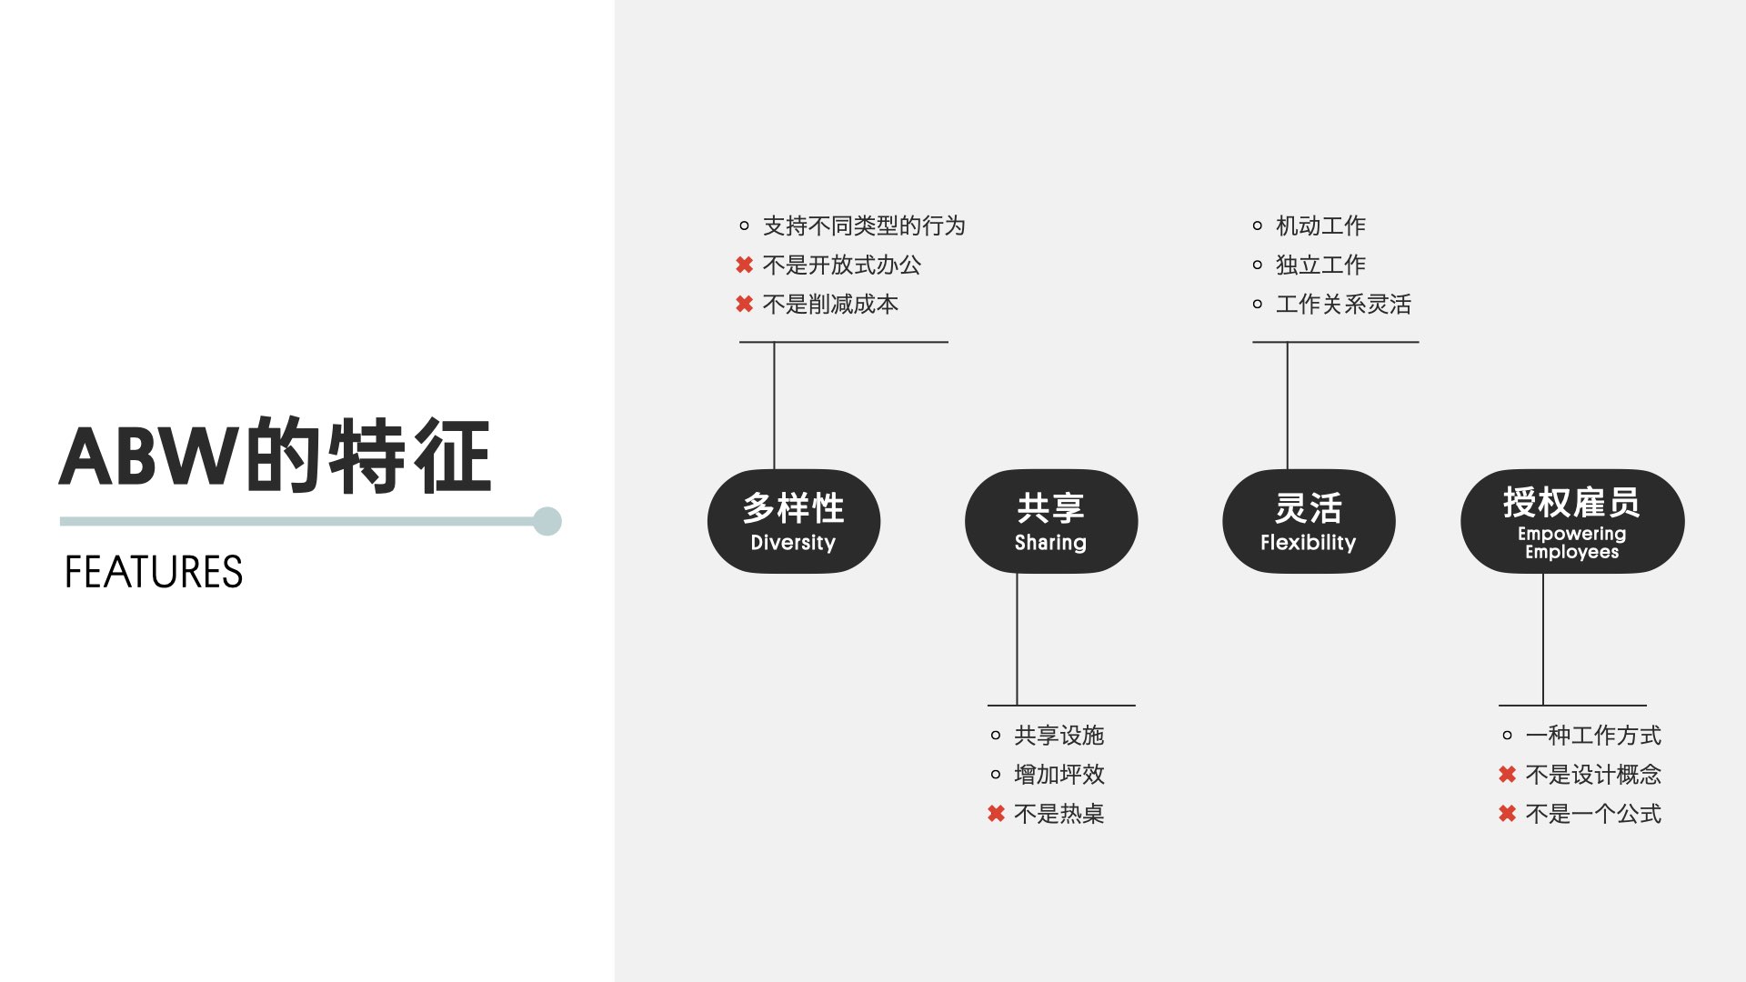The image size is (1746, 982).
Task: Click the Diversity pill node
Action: (x=793, y=521)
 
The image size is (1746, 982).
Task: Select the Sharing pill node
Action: (x=1050, y=521)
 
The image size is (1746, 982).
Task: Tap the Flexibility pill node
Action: (x=1308, y=521)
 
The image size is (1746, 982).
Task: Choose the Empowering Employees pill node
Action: (x=1571, y=521)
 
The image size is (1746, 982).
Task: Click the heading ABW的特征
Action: (x=276, y=456)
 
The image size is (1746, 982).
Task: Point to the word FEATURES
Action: (x=154, y=572)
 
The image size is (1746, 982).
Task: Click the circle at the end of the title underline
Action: (x=547, y=521)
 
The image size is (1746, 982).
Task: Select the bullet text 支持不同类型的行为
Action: (x=864, y=225)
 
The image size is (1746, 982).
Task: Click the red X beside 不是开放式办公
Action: (x=744, y=265)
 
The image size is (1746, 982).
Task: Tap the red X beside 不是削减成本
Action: (x=744, y=304)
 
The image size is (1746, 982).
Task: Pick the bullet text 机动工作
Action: (x=1320, y=225)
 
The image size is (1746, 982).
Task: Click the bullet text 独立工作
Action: (x=1320, y=265)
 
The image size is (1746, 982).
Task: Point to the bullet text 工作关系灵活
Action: (x=1343, y=304)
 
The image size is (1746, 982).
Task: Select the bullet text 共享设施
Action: (x=1059, y=735)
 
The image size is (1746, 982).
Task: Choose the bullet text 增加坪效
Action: (x=1059, y=774)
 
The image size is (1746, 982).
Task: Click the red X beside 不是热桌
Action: (x=996, y=814)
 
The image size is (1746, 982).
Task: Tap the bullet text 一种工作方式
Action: (x=1593, y=735)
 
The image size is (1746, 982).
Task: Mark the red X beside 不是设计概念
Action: (x=1507, y=774)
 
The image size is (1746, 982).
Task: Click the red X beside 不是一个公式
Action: (x=1507, y=814)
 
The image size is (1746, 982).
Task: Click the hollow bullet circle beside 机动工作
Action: (x=1257, y=225)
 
